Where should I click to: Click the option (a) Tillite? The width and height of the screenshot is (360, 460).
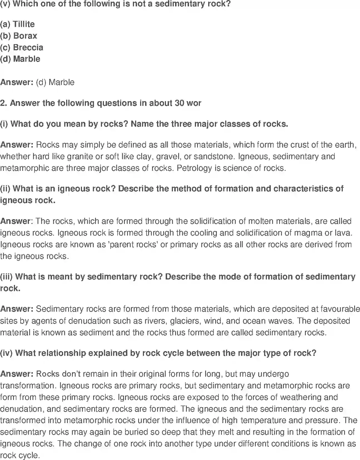click(17, 24)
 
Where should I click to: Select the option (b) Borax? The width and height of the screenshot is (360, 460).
click(18, 36)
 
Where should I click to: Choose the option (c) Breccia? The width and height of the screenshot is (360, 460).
click(21, 47)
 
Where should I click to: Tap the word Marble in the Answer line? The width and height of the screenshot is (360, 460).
click(61, 82)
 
